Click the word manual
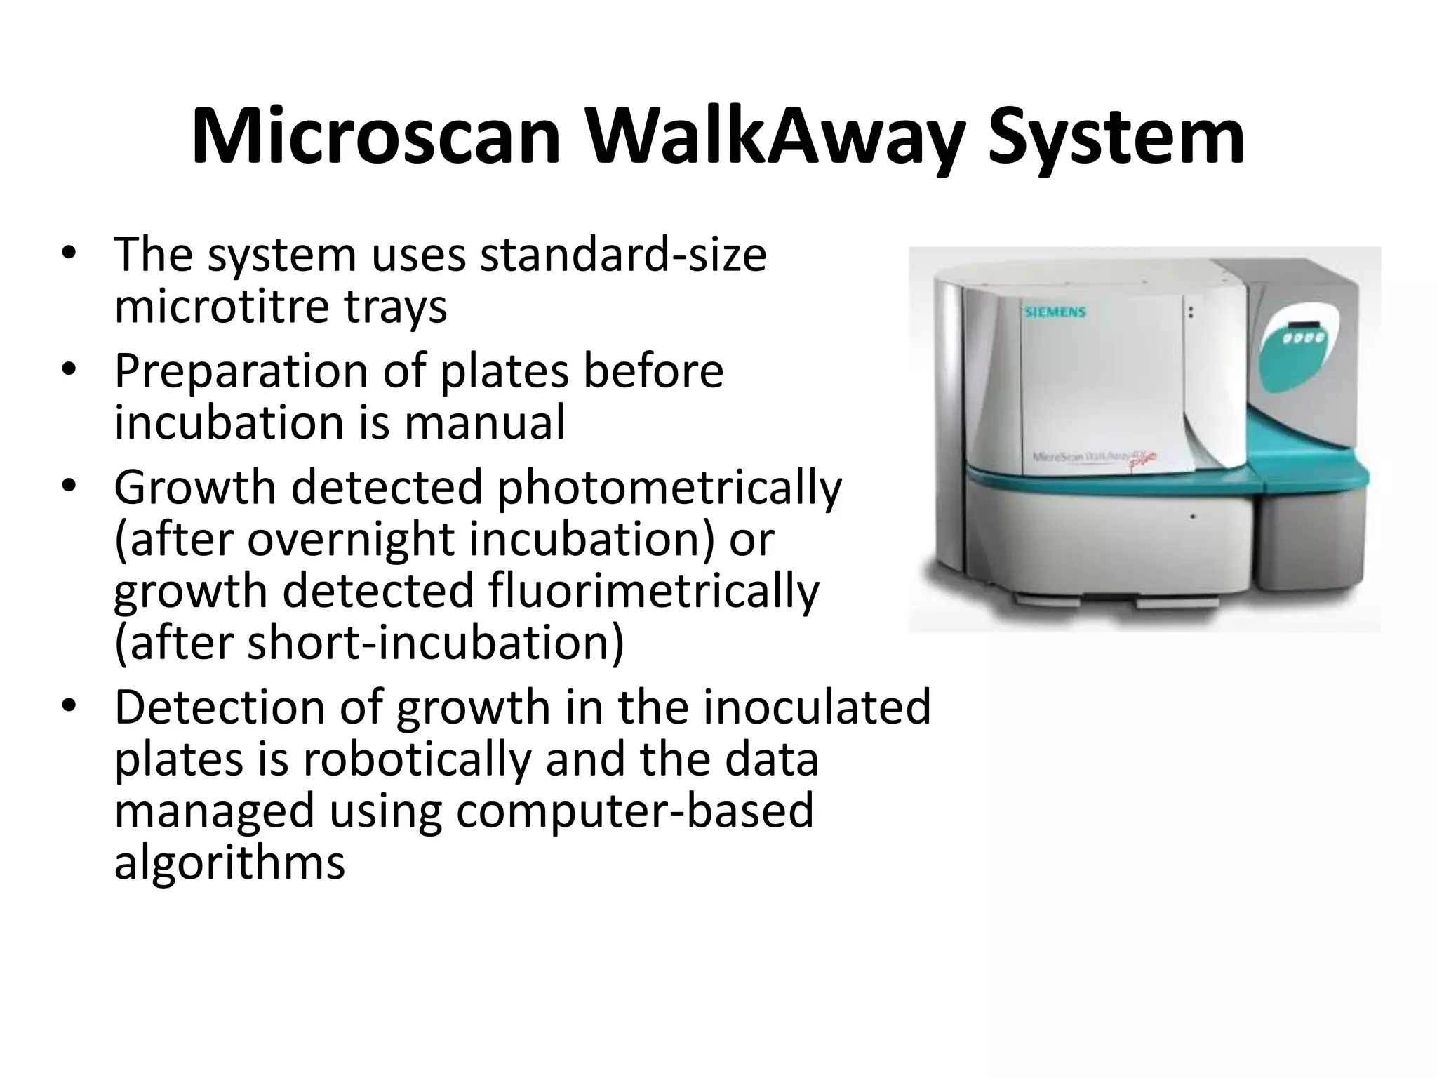484,423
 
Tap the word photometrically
669,488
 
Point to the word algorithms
229,863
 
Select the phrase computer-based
634,811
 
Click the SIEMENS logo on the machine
1055,312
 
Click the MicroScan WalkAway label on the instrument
1095,458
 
